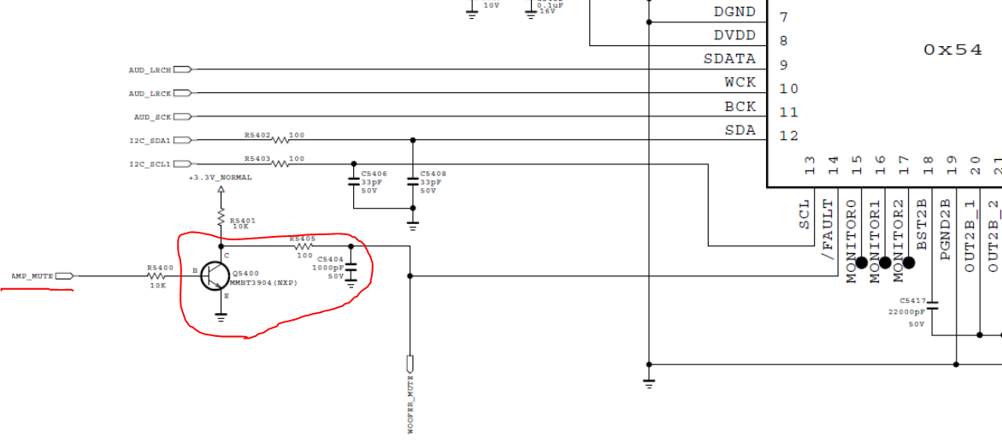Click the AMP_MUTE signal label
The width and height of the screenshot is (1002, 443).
point(32,276)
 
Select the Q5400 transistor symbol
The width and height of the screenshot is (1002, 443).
point(215,276)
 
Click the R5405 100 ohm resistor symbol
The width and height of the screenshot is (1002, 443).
point(304,246)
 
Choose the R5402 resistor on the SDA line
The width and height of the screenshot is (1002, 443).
point(280,139)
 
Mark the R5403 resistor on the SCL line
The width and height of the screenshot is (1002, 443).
point(280,162)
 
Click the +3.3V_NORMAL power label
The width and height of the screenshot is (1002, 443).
point(221,178)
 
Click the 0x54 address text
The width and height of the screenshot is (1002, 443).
point(952,50)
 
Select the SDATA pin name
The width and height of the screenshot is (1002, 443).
point(729,59)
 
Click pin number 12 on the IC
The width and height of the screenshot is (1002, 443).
point(788,136)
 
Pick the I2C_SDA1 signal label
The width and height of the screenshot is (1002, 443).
point(150,139)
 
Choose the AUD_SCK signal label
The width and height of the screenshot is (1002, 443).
point(152,116)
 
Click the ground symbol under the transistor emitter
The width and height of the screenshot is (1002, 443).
point(221,316)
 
